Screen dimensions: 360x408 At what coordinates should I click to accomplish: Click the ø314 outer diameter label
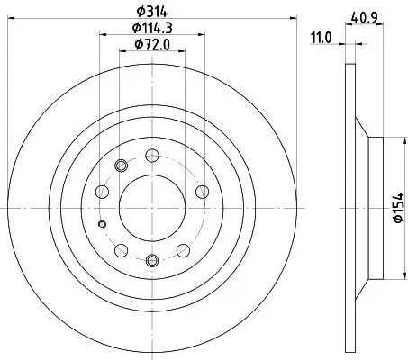click(151, 11)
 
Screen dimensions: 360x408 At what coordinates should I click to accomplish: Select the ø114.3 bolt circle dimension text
click(151, 29)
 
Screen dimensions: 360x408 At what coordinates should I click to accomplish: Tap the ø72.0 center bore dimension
click(151, 45)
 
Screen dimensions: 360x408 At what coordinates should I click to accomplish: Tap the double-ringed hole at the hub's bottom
click(151, 261)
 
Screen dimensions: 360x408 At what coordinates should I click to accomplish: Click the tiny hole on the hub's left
click(104, 224)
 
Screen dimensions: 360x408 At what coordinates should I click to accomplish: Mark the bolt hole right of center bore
click(202, 190)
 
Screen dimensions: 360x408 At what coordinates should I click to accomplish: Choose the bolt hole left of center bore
click(101, 190)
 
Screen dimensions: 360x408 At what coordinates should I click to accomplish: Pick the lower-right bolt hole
click(183, 249)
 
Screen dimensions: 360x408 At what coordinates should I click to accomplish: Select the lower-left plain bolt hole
click(120, 249)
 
